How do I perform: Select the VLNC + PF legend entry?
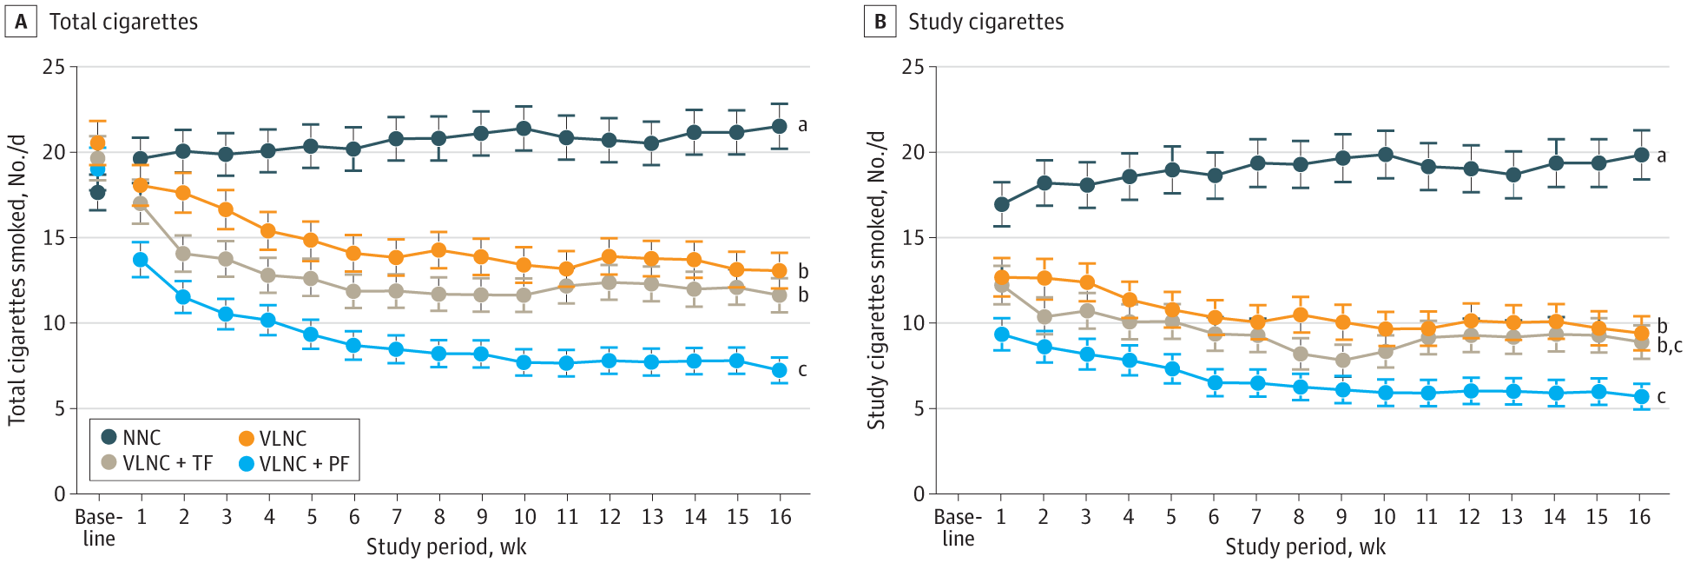coord(294,464)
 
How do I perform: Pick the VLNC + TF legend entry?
coord(157,464)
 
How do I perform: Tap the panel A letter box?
coord(21,22)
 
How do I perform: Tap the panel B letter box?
coord(880,22)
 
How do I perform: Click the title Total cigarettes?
coord(123,22)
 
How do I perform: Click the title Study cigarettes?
coord(985,22)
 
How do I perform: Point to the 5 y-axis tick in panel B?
coord(919,408)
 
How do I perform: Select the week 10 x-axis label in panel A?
coord(524,517)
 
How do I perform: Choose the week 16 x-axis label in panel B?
coord(1639,517)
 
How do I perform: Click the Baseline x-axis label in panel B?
coord(958,527)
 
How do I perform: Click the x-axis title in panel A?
coord(446,547)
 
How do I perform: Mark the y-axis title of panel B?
coord(876,280)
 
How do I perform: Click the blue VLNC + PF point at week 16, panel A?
coord(779,370)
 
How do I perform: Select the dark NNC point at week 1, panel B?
coord(1001,204)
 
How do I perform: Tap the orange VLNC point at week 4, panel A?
coord(268,231)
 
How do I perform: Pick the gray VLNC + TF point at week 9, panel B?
coord(1342,361)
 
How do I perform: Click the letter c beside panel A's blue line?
coord(802,370)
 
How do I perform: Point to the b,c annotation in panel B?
coord(1669,346)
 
